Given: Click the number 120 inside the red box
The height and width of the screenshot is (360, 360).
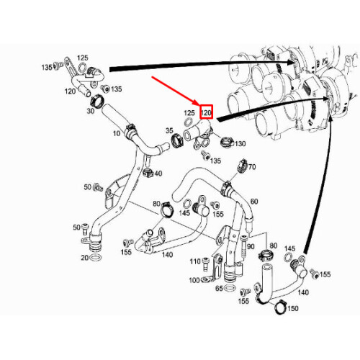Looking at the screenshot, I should click(207, 113).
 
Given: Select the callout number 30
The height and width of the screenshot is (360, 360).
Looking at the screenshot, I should click(91, 111).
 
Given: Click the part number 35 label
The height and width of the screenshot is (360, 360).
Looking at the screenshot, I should click(170, 131).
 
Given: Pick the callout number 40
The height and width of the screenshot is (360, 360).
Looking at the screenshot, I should click(158, 174).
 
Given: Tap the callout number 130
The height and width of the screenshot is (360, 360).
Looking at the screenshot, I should click(240, 143).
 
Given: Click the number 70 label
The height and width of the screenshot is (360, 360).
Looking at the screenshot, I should click(252, 167).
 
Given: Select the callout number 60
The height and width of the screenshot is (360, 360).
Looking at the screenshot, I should click(253, 203).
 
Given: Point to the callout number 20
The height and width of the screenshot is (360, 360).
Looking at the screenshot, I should click(84, 258).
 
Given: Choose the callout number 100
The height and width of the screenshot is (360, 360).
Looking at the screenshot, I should click(194, 279).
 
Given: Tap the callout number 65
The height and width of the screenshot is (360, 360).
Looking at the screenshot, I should click(219, 288).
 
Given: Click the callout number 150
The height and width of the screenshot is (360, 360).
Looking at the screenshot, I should click(292, 309).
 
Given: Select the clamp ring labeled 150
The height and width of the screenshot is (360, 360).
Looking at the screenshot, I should click(276, 308).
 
